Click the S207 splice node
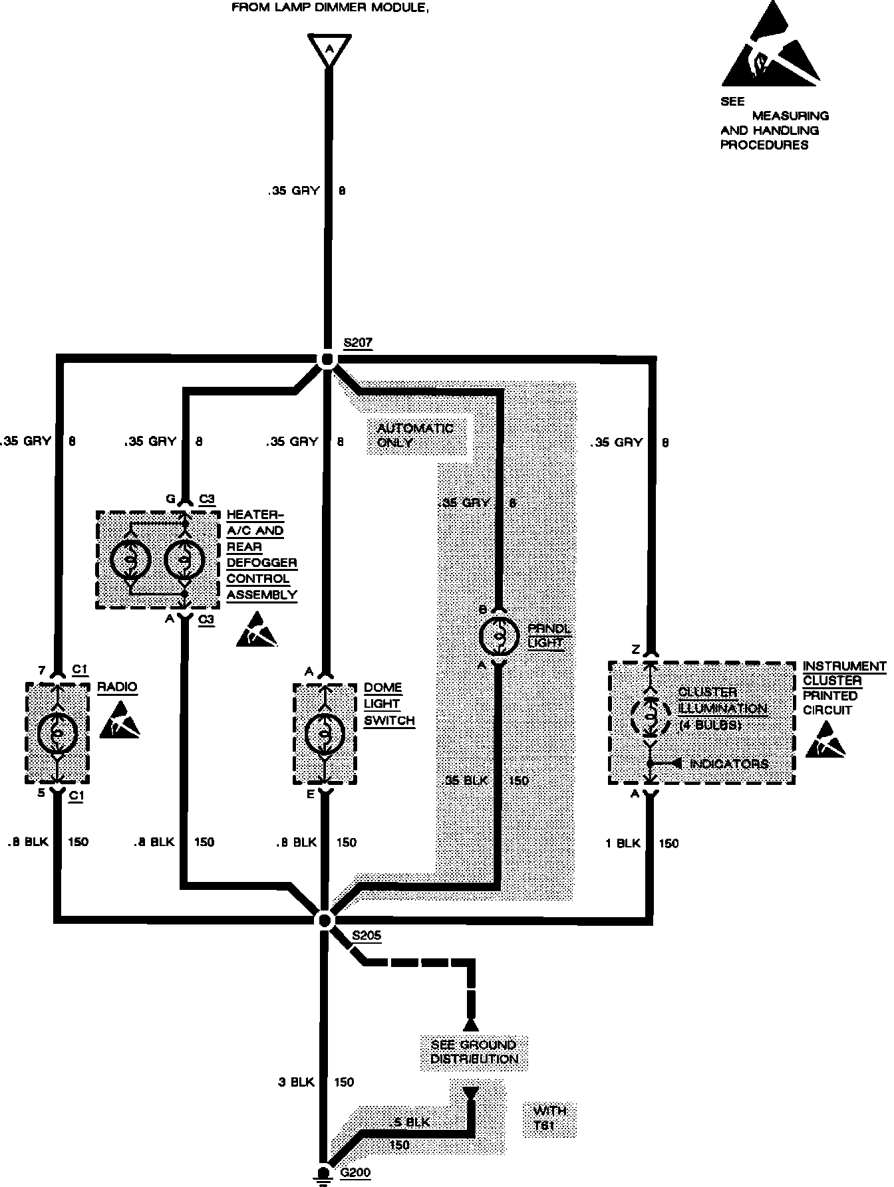(327, 360)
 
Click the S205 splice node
(325, 919)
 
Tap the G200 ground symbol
(323, 1174)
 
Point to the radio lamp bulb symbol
(59, 732)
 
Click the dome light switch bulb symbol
(325, 734)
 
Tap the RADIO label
(117, 687)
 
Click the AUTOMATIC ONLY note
(415, 435)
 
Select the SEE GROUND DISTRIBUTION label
(474, 1051)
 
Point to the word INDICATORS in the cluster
(729, 764)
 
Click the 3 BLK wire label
(296, 1082)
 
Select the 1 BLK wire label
(623, 843)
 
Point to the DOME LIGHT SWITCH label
(389, 704)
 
